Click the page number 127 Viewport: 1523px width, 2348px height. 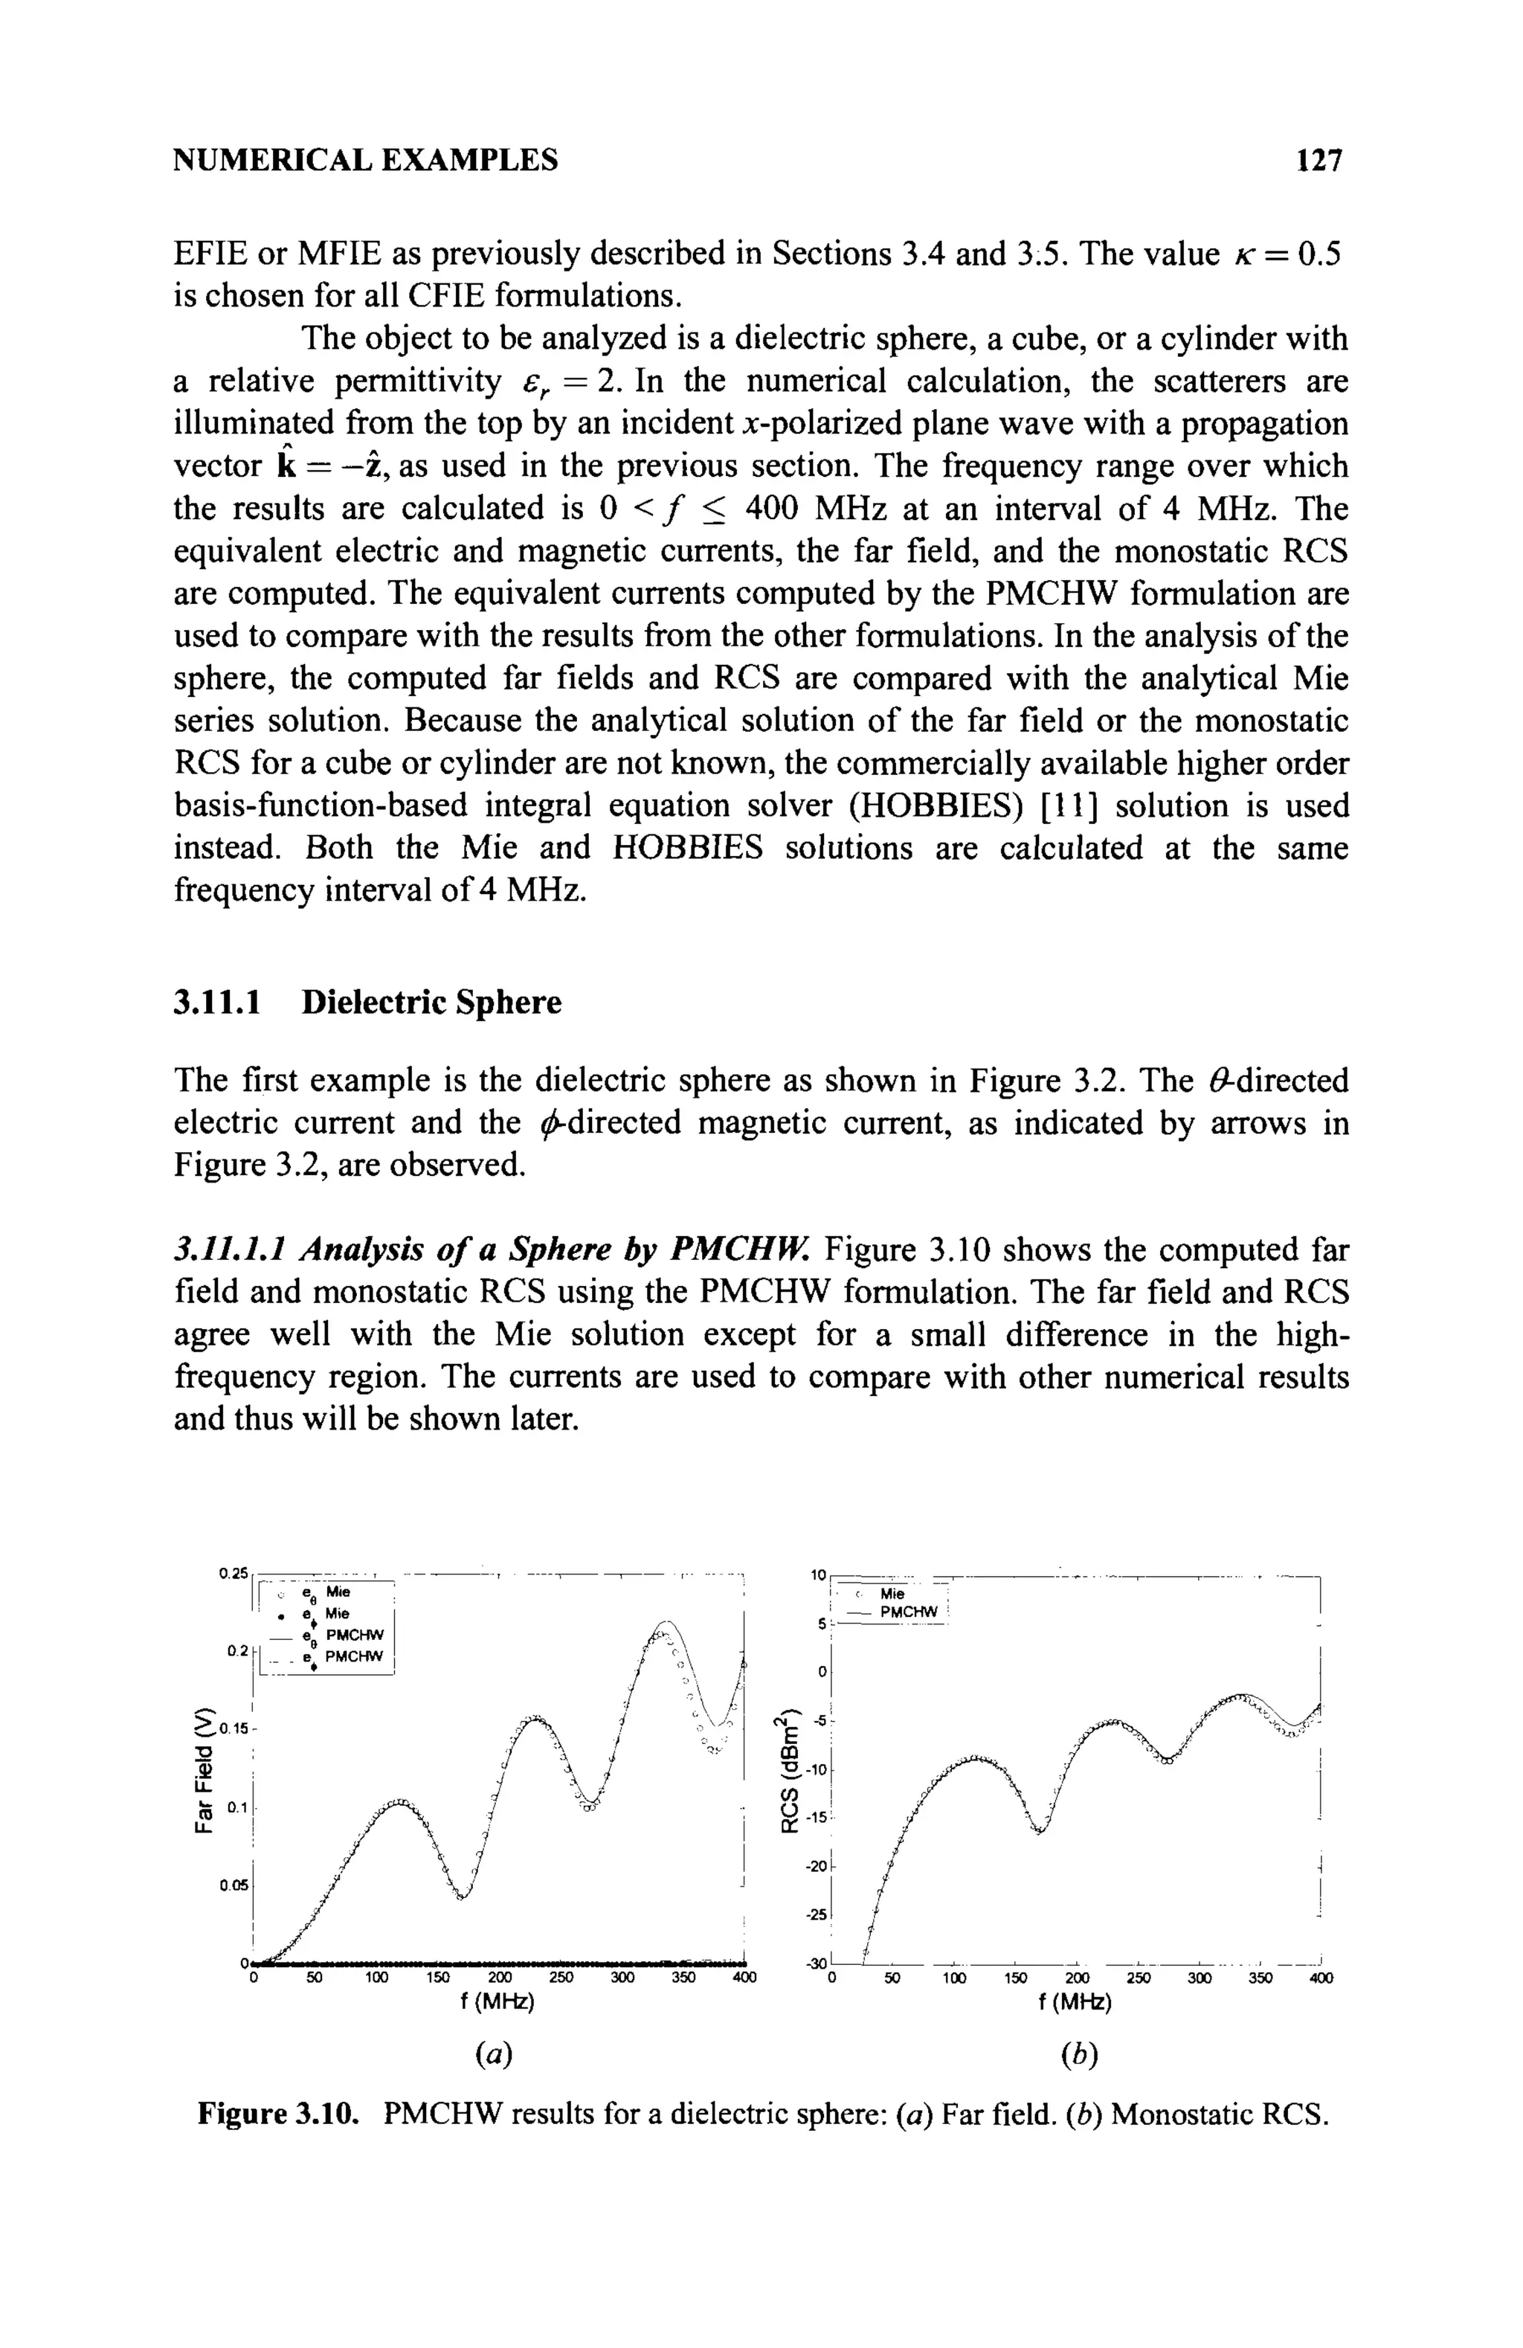pos(1321,160)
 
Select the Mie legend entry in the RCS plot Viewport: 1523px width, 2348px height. pos(892,1593)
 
